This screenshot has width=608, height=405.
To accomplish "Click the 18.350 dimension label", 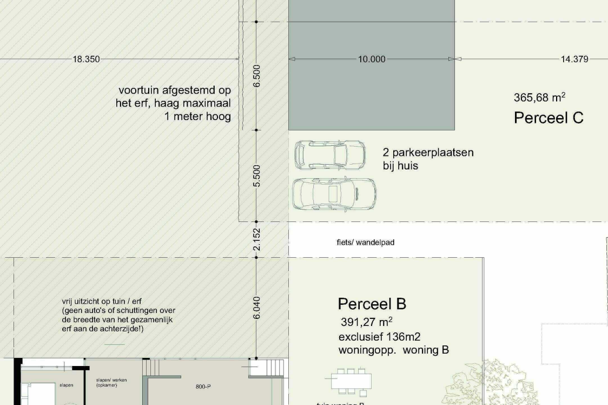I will coord(87,60).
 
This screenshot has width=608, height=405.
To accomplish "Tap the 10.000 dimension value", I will coord(372,60).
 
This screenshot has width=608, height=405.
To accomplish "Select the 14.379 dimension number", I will coord(574,60).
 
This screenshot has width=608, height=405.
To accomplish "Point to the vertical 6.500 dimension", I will coord(257,76).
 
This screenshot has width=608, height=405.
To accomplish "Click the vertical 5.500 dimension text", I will coord(257,175).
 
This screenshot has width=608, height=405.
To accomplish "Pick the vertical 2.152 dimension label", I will coord(257,239).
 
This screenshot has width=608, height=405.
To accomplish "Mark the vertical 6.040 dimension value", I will coord(257,307).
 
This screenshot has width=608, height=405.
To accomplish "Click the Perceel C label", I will coord(548,118).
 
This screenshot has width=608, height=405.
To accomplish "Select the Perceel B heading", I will coord(372,304).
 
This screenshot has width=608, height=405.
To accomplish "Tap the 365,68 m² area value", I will coord(539,97).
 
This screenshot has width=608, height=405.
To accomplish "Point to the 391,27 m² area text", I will coord(366,322).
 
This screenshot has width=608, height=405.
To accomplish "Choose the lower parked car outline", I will coord(334,193).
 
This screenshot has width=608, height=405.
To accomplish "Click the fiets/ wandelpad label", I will coord(365,243).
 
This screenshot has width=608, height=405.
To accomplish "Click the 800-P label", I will coord(203,387).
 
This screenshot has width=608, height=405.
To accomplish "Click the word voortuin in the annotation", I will coord(139,90).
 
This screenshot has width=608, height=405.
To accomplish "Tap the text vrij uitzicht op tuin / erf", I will coord(102,301).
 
